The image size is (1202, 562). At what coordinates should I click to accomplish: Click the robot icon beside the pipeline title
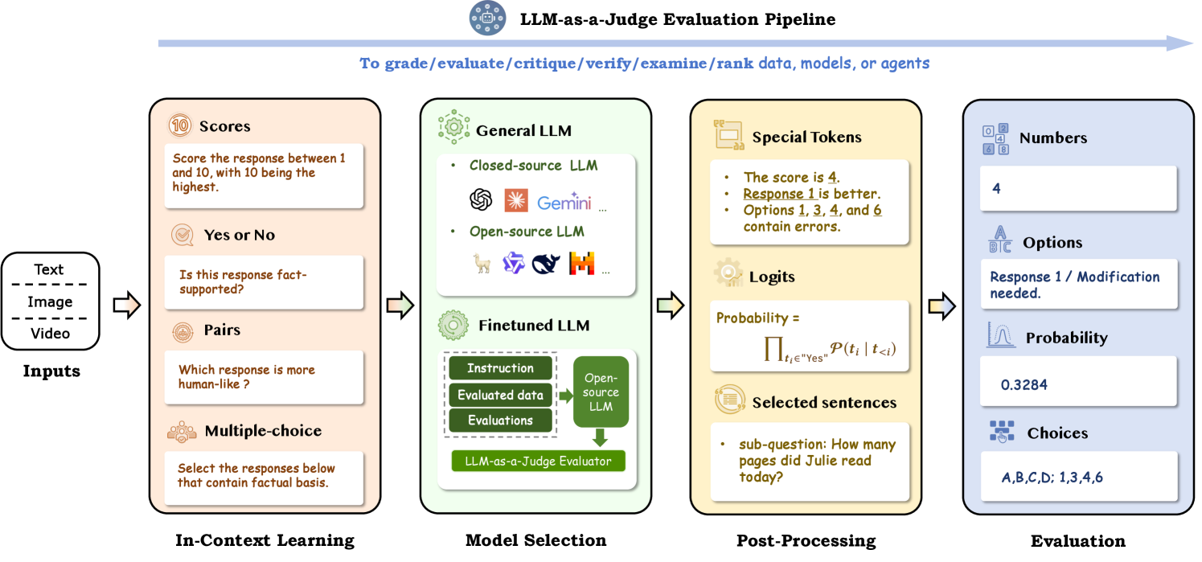[x=489, y=18]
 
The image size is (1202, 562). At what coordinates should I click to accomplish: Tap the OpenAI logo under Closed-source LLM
[x=481, y=199]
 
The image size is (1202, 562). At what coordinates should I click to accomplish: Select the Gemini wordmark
[x=564, y=203]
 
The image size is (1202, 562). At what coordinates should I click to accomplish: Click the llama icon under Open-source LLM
[x=482, y=264]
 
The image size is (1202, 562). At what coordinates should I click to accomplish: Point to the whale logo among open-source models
[x=546, y=264]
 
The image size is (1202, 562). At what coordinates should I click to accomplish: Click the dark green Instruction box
[x=500, y=368]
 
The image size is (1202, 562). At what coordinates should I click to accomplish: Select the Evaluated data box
[x=500, y=395]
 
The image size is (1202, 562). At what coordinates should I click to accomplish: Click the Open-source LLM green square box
[x=601, y=392]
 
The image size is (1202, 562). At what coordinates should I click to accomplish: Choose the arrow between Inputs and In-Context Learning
[x=126, y=305]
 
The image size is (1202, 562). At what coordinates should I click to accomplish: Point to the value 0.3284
[x=1024, y=385]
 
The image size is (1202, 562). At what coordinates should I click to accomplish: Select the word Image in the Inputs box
[x=50, y=302]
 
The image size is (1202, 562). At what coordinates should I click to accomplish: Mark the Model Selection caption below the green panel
[x=535, y=540]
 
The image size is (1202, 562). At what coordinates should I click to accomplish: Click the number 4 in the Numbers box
[x=997, y=189]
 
